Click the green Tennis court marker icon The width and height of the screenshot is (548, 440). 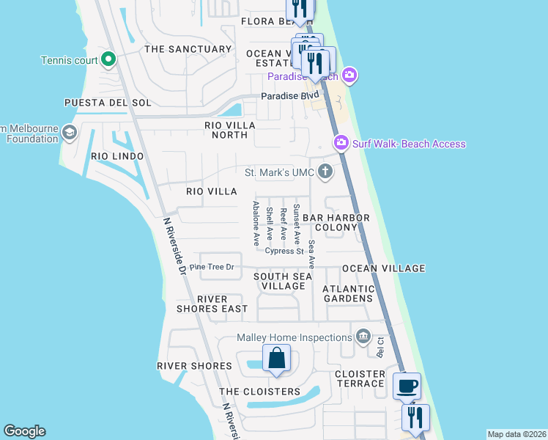108,59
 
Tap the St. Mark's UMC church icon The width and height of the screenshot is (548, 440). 325,172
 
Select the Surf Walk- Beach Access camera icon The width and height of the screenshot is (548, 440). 341,144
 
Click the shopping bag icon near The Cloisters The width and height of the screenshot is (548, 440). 276,359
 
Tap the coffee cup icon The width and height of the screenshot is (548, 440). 407,385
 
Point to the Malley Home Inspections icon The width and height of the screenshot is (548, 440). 363,337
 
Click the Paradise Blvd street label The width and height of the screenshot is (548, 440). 291,95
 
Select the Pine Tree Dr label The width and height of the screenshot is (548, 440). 211,267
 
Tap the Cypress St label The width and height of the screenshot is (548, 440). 284,251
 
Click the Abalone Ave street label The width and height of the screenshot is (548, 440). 256,223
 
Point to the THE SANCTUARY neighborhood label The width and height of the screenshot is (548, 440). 188,49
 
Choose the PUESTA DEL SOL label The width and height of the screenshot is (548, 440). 97,102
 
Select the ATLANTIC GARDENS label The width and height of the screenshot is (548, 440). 348,293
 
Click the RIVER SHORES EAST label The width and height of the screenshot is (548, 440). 212,304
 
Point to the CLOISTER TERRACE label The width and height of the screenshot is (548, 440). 360,378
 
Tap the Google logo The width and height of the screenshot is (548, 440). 24,431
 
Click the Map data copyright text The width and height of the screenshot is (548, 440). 516,434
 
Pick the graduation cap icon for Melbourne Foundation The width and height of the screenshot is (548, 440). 70,133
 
